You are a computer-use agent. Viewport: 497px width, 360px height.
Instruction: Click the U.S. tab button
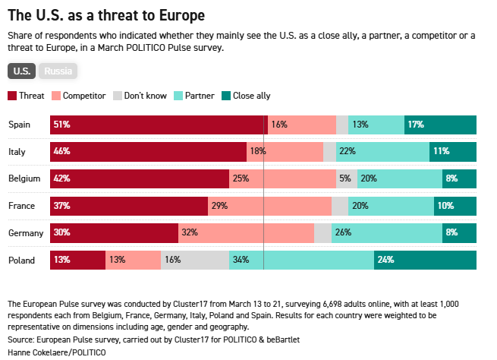coord(22,71)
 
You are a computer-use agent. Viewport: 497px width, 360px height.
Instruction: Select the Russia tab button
coord(58,71)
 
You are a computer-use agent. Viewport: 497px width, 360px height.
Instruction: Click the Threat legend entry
coord(26,96)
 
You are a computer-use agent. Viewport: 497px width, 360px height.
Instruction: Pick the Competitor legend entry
coord(78,96)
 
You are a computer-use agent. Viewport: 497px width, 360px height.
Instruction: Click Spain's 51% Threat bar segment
coord(159,125)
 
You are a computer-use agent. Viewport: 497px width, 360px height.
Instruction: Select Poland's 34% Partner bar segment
coord(301,260)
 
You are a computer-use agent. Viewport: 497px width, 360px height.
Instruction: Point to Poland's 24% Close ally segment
coord(425,260)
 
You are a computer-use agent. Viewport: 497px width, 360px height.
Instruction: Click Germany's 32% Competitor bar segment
coord(246,232)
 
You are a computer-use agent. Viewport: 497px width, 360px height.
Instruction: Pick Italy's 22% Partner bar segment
coord(382,151)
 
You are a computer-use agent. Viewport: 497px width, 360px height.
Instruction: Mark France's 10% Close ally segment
coord(455,205)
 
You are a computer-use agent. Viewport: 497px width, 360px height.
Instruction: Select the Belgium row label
coord(24,178)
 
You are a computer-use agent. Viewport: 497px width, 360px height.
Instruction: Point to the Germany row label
coord(26,232)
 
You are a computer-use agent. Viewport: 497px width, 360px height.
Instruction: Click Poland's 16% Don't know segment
coord(194,260)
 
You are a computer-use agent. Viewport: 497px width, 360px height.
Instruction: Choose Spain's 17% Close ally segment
coord(440,125)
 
